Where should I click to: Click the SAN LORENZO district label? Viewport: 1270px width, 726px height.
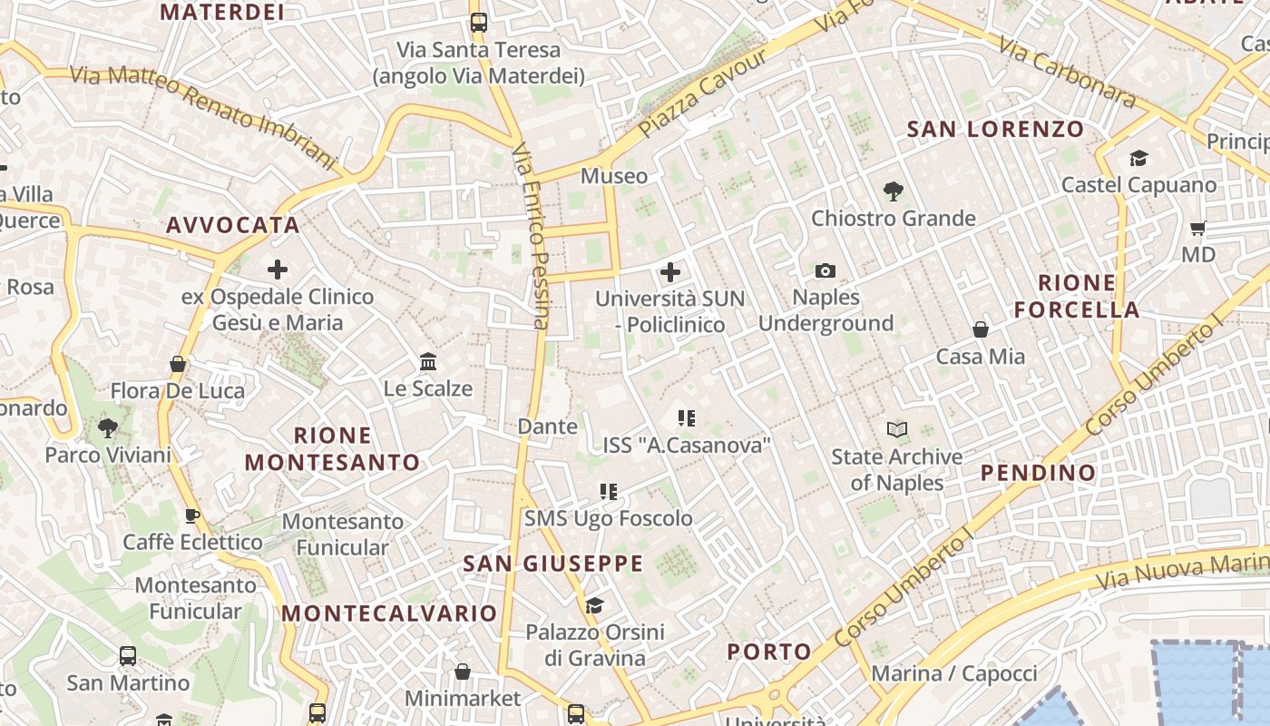pos(995,129)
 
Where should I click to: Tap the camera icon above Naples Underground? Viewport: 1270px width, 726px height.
pos(825,270)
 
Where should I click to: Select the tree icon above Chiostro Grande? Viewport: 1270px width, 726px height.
pos(893,191)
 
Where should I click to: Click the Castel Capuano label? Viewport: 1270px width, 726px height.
pos(1138,185)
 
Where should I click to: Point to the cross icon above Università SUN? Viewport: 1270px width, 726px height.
pos(669,271)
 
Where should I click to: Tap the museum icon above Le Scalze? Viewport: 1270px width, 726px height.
pos(428,362)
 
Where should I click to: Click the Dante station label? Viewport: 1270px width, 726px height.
pos(547,426)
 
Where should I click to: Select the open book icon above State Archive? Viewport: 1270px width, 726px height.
pos(896,429)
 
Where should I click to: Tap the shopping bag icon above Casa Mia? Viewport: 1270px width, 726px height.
pos(980,329)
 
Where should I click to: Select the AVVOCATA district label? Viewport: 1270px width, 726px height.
pos(232,225)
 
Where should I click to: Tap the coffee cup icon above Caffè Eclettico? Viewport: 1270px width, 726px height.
pos(192,515)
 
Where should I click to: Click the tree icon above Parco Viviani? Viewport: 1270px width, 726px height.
pos(108,427)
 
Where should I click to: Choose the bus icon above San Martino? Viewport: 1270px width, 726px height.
pos(128,655)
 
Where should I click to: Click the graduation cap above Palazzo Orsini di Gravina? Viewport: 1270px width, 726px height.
pos(594,604)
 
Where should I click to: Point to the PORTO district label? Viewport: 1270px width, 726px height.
pos(769,651)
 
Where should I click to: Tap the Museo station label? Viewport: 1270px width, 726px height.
pos(614,175)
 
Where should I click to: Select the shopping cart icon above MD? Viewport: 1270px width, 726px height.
pos(1197,228)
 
